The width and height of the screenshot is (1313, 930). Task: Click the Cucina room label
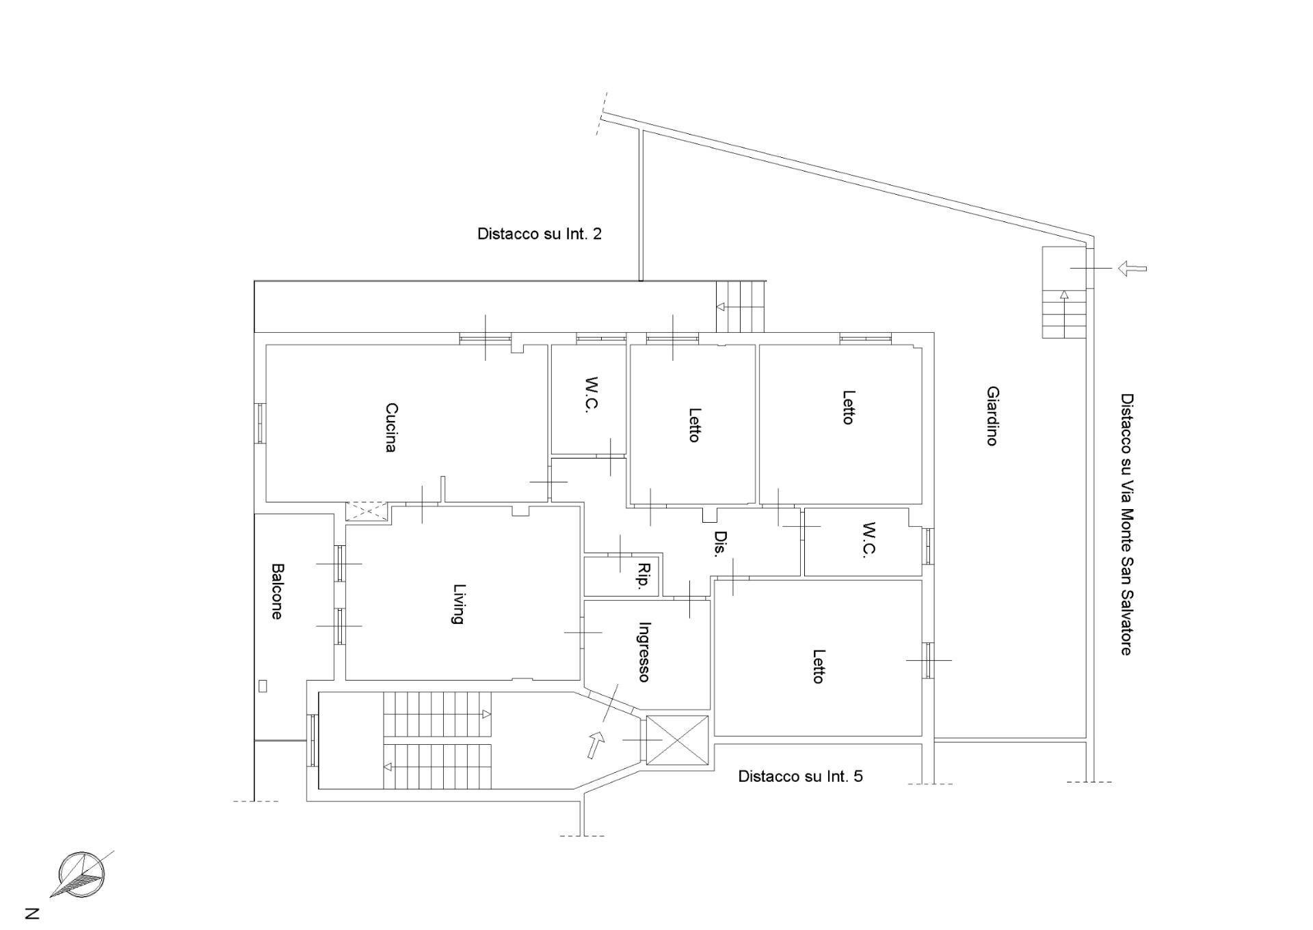(390, 427)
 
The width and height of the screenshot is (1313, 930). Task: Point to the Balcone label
(276, 591)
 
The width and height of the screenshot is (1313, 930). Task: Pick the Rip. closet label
(643, 577)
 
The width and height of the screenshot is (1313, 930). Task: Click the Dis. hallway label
(718, 544)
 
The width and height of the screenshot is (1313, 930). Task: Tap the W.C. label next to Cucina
(592, 394)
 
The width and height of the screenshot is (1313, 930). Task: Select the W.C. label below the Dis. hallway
(868, 540)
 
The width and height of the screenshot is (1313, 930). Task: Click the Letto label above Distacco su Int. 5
(818, 666)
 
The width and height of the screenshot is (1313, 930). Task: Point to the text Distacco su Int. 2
(539, 234)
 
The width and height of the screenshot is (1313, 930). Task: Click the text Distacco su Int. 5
(800, 776)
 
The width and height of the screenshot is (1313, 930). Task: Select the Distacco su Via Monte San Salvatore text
(1126, 523)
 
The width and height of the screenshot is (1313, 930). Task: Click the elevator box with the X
(677, 740)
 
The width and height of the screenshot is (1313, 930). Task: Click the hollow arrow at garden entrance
(1132, 269)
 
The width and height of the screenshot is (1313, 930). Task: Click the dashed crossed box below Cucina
(367, 511)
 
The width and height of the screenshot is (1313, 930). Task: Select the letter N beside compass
(32, 913)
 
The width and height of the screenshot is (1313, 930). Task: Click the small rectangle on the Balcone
(263, 687)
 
